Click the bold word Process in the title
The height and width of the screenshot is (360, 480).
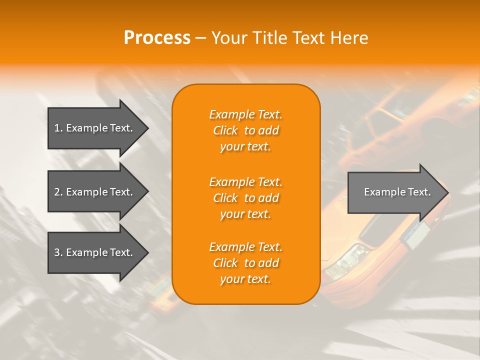157,38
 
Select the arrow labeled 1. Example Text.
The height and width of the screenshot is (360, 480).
93,128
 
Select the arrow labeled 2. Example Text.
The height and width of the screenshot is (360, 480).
93,192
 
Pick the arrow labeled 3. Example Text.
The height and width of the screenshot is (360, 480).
93,252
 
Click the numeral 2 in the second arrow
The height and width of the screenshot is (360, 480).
56,192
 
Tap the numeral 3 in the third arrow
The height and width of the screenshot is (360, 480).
56,252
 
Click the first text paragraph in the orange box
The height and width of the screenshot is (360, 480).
245,130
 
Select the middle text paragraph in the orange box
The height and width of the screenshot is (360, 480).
245,198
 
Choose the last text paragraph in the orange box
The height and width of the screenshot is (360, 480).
245,263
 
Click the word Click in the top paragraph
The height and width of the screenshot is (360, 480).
225,130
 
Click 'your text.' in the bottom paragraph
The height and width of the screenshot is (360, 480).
245,279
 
